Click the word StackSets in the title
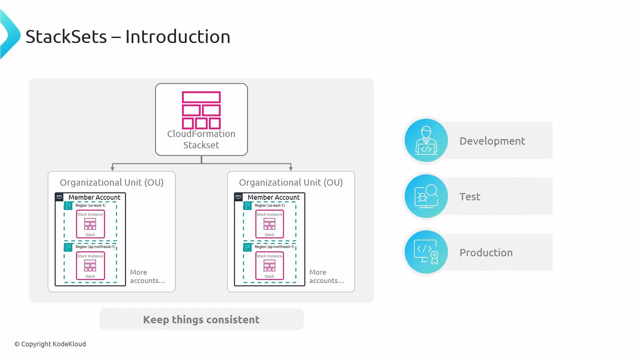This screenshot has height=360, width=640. (x=66, y=37)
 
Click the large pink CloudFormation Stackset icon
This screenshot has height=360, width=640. (x=201, y=110)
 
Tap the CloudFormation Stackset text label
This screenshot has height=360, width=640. (x=201, y=139)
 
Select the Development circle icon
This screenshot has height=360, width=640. (x=426, y=140)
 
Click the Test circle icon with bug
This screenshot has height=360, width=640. (x=426, y=196)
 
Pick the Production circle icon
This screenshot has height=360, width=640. (x=426, y=252)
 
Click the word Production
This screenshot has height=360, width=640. (x=486, y=253)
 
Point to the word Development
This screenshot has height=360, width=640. (x=492, y=141)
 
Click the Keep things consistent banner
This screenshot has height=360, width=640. (x=201, y=319)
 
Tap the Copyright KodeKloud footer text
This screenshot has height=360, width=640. (x=50, y=344)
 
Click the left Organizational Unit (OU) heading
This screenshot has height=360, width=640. (x=112, y=183)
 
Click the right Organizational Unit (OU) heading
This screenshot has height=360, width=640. (x=291, y=183)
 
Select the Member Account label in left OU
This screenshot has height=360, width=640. (x=94, y=197)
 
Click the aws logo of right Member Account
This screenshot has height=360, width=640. (x=238, y=197)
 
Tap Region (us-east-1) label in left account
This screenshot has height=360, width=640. (x=90, y=205)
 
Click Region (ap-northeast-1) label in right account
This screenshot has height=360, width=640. (x=274, y=247)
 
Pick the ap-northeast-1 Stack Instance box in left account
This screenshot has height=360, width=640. (x=90, y=266)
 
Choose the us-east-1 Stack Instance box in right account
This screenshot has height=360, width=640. (x=269, y=224)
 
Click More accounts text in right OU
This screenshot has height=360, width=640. (x=326, y=276)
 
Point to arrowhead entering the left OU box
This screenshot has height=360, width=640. (x=113, y=169)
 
